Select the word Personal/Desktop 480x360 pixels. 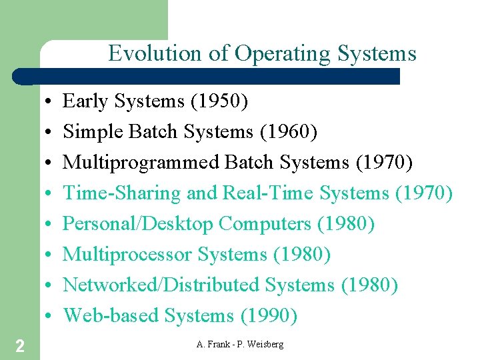(138, 224)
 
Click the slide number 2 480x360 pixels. (20, 345)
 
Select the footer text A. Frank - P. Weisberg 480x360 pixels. (240, 344)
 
